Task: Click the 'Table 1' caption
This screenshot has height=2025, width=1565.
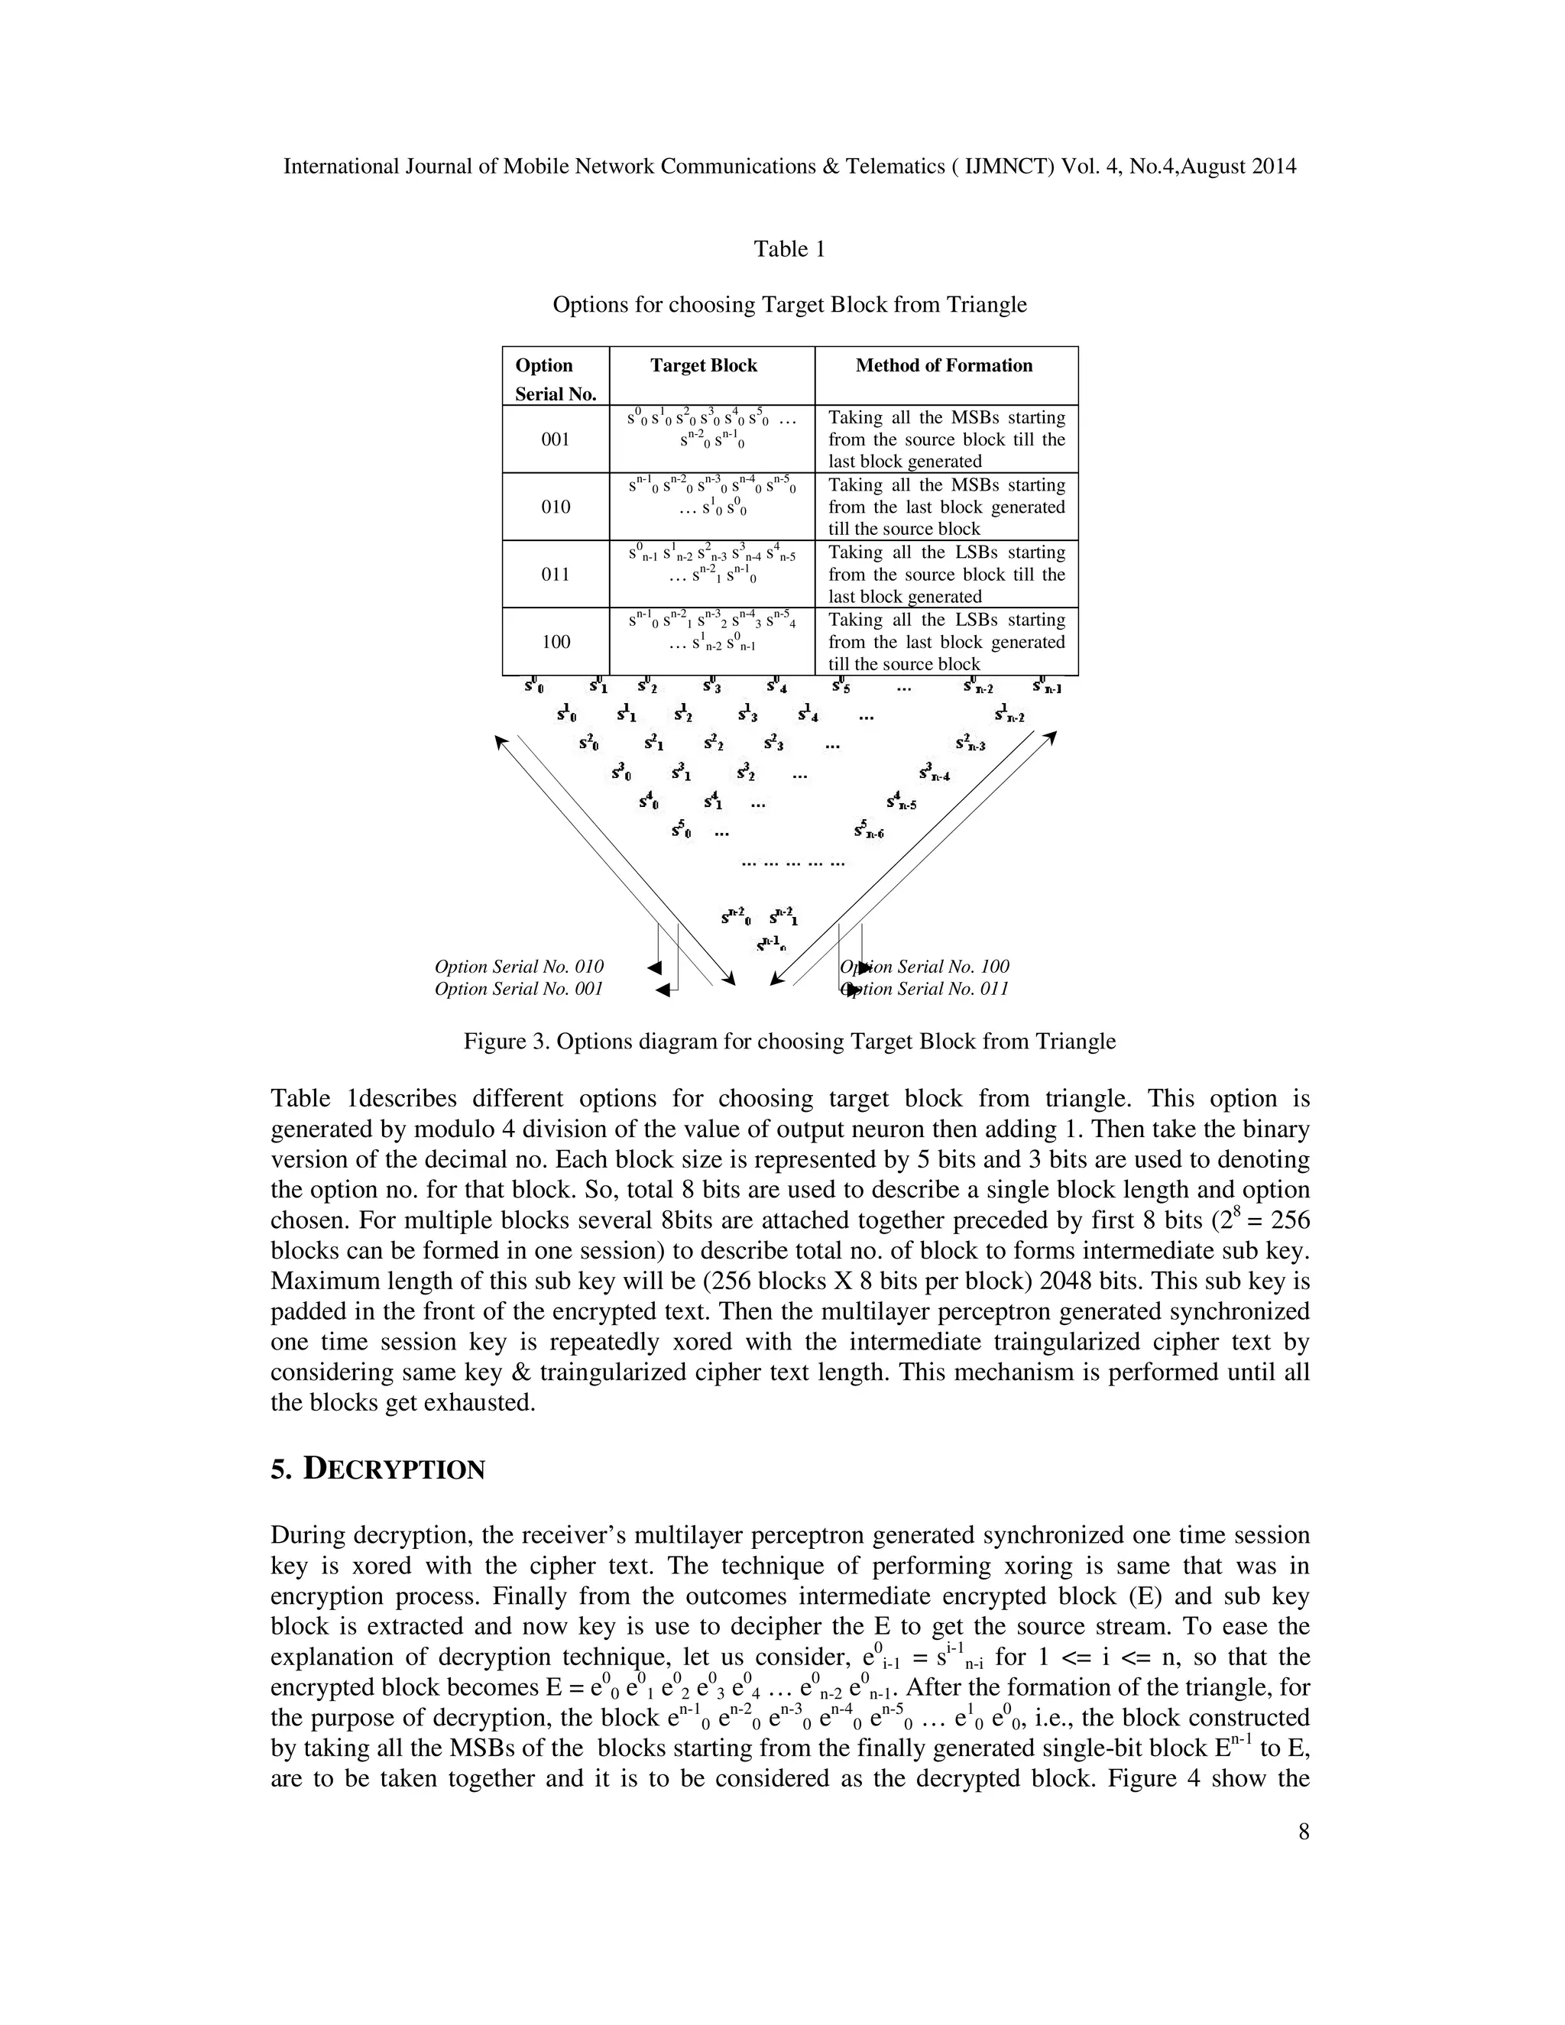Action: tap(789, 249)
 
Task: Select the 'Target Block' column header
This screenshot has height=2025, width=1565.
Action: tap(703, 365)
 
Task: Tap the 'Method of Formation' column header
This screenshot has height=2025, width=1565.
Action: tap(943, 365)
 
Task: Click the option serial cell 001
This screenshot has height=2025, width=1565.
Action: tap(556, 439)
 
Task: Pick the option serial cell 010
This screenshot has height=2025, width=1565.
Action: tap(556, 507)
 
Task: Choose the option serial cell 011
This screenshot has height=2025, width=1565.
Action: tap(556, 575)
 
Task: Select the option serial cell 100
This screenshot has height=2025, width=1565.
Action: tap(556, 643)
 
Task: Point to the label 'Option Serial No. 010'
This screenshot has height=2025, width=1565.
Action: tap(518, 967)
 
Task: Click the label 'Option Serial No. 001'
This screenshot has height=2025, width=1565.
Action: tap(518, 990)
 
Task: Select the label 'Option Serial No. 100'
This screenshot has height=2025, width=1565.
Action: tap(925, 967)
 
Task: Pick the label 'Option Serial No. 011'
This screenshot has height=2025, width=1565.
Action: tap(925, 990)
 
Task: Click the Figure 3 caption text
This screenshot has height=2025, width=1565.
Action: tap(789, 1042)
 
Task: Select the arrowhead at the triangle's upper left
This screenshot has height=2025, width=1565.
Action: tap(501, 742)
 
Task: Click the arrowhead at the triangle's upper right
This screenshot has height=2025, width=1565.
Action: tap(1051, 737)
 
